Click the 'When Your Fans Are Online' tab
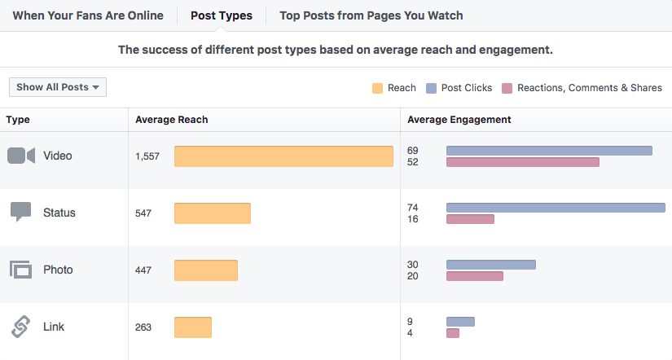coord(88,15)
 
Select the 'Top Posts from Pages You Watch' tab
coord(371,15)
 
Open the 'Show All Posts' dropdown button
coord(58,87)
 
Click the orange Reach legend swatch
coord(377,88)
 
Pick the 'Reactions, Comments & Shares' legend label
coord(589,88)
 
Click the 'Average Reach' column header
coord(172,120)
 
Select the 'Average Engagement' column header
coord(459,120)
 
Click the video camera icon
coord(21,156)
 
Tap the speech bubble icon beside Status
coord(21,213)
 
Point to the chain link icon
coord(21,327)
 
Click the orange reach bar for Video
coord(283,156)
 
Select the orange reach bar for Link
coord(193,327)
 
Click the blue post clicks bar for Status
coord(556,208)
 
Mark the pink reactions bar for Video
coord(523,162)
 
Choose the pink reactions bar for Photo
coord(475,276)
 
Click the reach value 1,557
coord(148,156)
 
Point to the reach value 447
coord(143,270)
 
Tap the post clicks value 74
coord(412,208)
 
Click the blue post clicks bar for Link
coord(460,322)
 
